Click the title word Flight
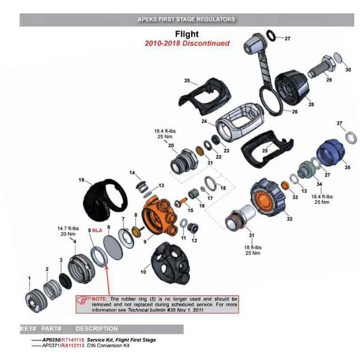tap(187, 34)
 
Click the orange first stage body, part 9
tap(159, 216)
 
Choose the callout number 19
tap(81, 180)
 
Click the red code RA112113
tap(72, 346)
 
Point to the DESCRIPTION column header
tap(96, 329)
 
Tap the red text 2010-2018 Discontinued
tap(187, 43)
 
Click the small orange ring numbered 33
tap(285, 185)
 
